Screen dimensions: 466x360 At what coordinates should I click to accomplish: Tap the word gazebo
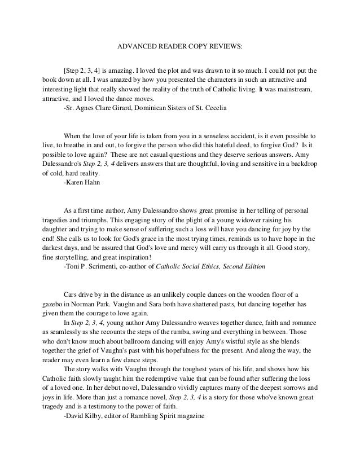[53, 302]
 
